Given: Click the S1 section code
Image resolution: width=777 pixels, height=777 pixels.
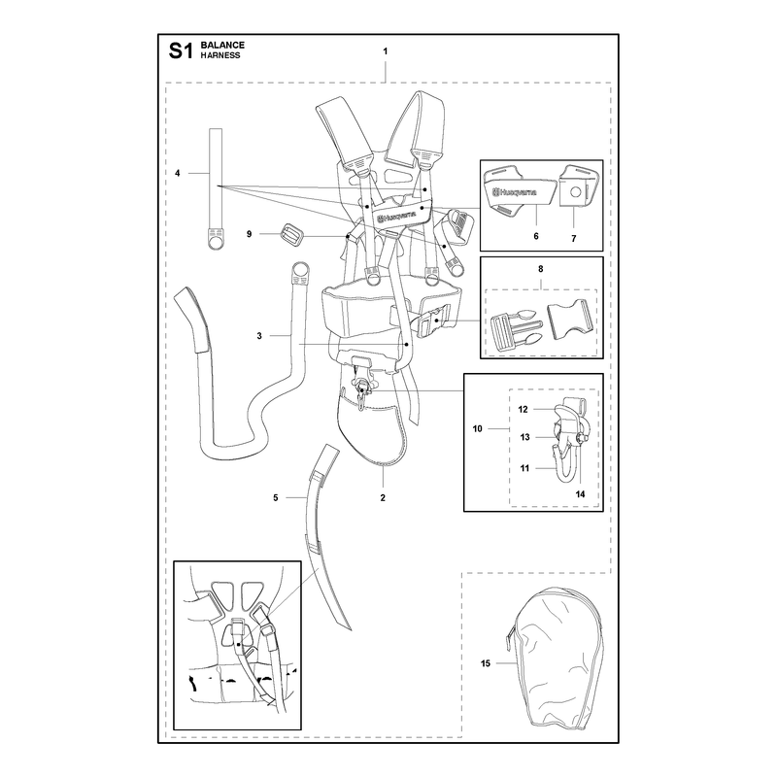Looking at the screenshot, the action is pos(181,51).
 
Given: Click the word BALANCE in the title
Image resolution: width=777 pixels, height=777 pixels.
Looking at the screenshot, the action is pos(222,45).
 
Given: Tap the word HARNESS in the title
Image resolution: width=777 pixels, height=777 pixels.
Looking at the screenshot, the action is pos(220,55).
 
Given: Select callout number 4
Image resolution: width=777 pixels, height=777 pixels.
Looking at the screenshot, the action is pos(178,173).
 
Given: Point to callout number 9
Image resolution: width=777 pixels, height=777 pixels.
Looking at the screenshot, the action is pos(250,234).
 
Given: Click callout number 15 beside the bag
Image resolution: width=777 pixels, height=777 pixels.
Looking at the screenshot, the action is pos(485,663).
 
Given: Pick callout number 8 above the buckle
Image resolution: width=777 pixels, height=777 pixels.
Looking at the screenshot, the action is pos(541,269).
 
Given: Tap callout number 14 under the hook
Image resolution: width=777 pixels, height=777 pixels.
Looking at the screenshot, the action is pos(580,494).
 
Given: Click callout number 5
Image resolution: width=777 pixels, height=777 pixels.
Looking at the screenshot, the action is pos(276,497).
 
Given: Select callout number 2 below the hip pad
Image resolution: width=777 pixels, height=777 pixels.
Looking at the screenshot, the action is pos(383,497).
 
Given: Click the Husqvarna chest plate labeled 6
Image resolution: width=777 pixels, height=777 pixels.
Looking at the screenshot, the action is pos(518,193).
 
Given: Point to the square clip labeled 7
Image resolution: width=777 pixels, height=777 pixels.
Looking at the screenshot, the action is pos(578,186).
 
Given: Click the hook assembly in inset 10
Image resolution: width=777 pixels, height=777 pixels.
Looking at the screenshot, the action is pos(569,439).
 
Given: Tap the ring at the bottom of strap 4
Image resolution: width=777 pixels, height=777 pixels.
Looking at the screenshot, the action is pos(215,242).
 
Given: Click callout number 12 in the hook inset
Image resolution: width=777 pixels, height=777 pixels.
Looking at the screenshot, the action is pos(523,409).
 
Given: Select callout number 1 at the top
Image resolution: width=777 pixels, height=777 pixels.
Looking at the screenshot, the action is pos(386,51).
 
